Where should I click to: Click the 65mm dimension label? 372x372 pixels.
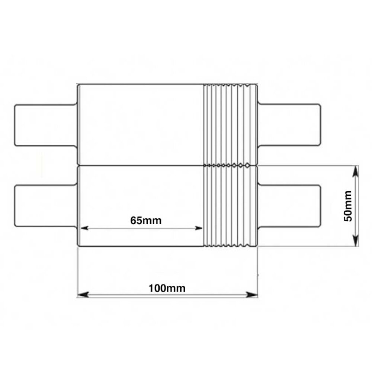[146, 221]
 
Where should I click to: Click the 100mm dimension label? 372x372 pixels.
[167, 288]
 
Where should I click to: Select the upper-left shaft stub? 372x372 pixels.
[45, 125]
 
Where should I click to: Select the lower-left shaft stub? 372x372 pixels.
[45, 205]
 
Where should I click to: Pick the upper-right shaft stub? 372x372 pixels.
[289, 125]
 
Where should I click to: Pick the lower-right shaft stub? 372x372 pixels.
[289, 205]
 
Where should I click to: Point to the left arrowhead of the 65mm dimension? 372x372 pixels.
[84, 228]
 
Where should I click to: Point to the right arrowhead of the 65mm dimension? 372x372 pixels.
[199, 228]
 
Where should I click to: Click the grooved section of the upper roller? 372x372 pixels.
[230, 125]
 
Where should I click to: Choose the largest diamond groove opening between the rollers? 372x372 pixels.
[248, 165]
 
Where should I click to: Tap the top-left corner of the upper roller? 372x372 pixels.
[77, 84]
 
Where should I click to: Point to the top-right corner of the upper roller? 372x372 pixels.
[257, 84]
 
